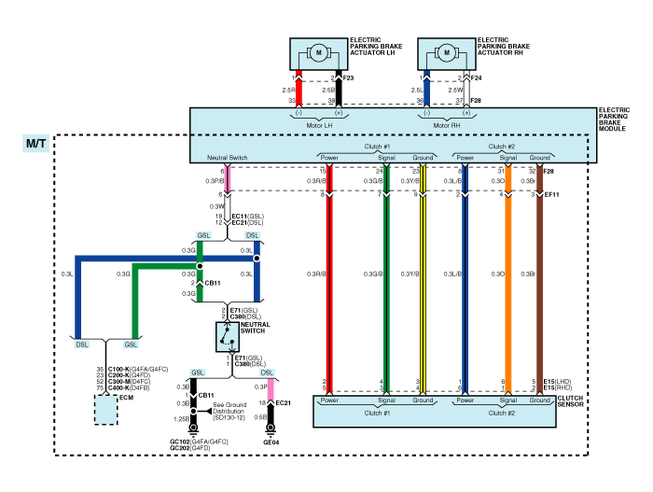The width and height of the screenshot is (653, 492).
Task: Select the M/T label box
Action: (x=36, y=145)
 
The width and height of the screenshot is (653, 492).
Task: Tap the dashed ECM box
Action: (x=105, y=409)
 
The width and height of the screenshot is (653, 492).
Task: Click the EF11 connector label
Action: (x=551, y=195)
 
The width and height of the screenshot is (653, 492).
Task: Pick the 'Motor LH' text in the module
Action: (x=319, y=125)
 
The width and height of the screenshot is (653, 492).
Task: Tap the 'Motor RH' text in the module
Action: (x=447, y=125)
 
